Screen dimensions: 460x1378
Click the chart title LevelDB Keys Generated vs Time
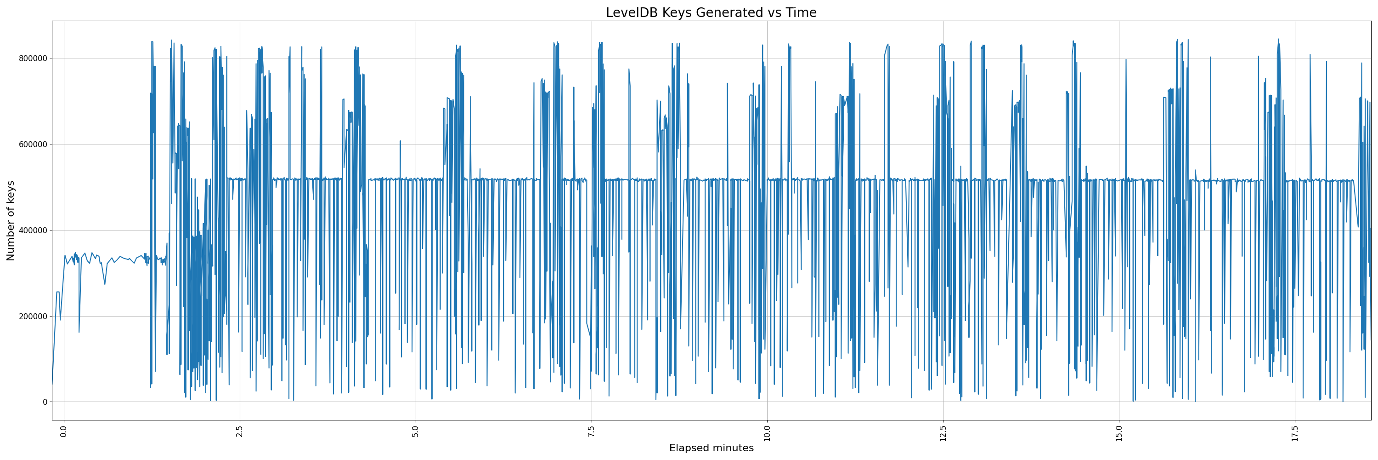(711, 13)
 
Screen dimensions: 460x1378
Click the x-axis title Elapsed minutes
(711, 448)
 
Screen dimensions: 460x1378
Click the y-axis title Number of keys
(11, 221)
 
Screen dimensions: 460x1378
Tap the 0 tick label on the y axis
(45, 402)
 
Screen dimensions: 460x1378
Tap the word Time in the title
(801, 13)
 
